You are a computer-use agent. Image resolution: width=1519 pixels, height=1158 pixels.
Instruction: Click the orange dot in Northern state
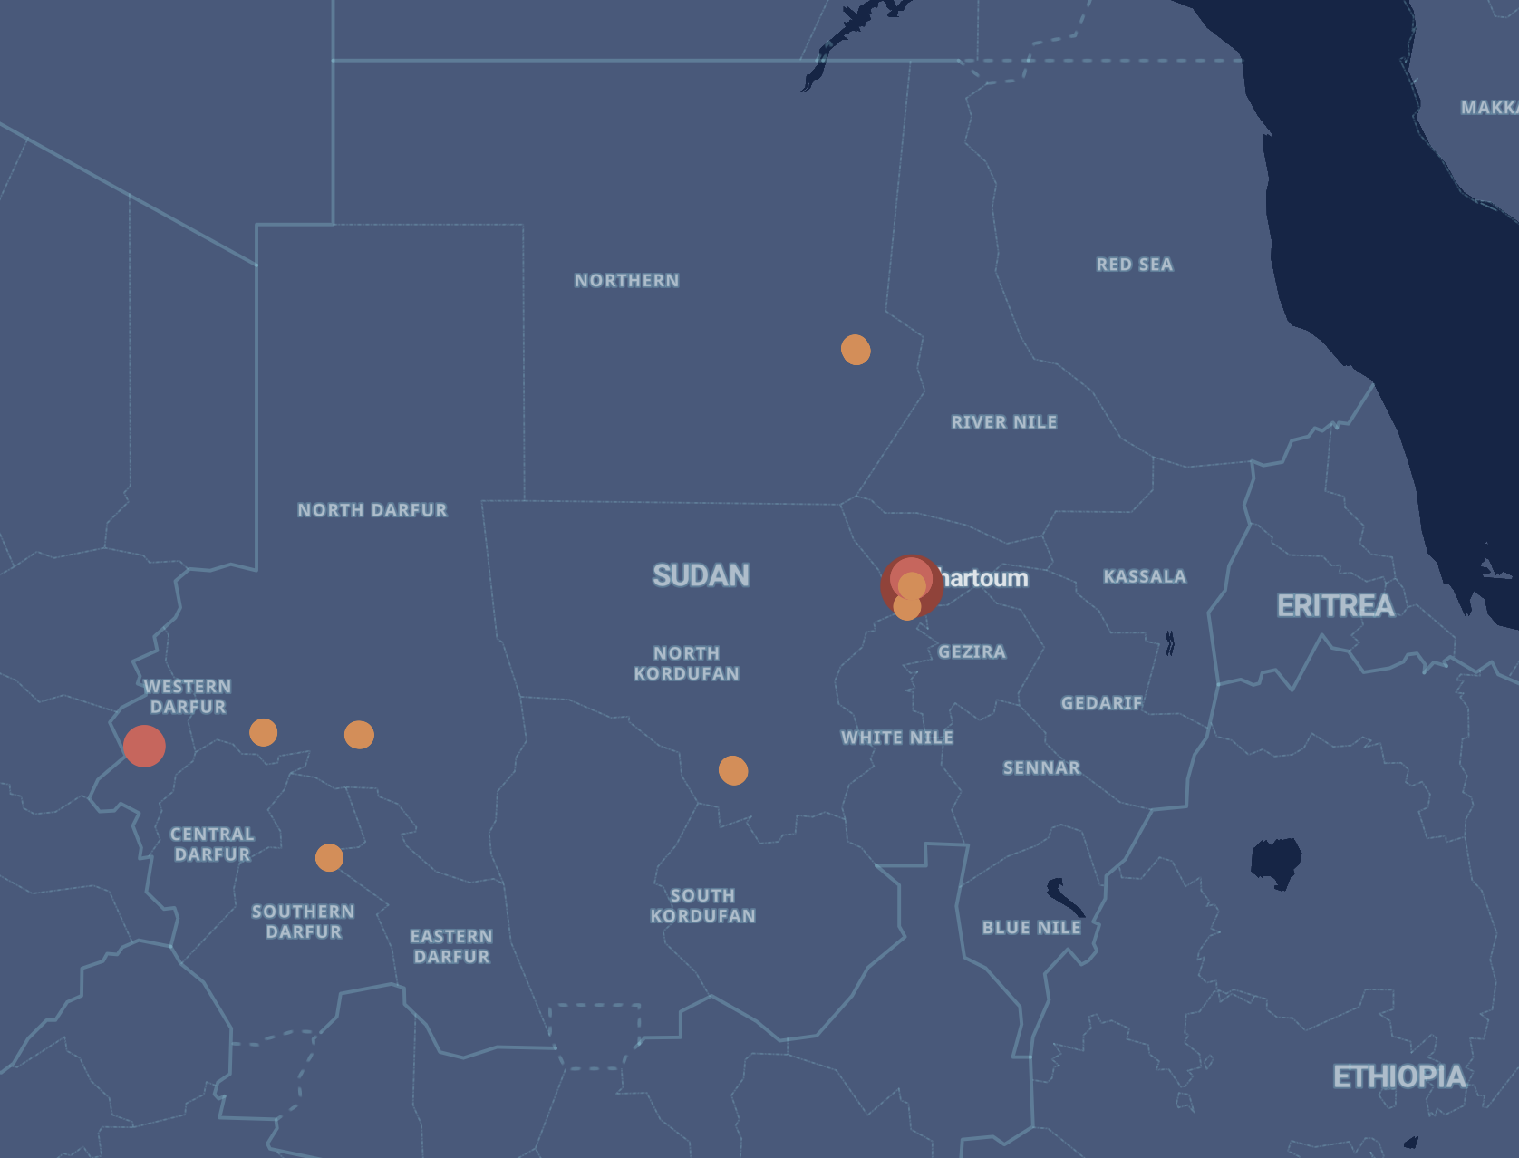pyautogui.click(x=856, y=349)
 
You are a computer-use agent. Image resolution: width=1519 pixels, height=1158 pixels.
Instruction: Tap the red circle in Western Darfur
pyautogui.click(x=144, y=746)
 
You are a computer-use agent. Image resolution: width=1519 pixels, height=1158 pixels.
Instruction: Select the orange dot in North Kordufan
pyautogui.click(x=733, y=770)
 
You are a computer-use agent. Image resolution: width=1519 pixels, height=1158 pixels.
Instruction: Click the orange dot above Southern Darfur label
pyautogui.click(x=329, y=857)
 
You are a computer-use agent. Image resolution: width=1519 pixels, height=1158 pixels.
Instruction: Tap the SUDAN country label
pyautogui.click(x=701, y=575)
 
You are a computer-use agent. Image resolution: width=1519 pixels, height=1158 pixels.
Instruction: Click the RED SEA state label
pyautogui.click(x=1134, y=265)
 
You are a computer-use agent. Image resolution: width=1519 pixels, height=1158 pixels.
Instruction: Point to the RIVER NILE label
pyautogui.click(x=1003, y=422)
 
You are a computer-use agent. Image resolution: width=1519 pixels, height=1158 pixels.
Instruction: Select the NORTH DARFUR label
pyautogui.click(x=372, y=510)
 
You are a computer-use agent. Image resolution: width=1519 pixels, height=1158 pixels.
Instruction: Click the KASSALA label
pyautogui.click(x=1144, y=576)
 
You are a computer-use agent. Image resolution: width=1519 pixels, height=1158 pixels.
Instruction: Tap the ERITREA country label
pyautogui.click(x=1335, y=605)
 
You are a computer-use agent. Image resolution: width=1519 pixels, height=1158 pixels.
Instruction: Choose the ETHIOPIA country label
pyautogui.click(x=1398, y=1076)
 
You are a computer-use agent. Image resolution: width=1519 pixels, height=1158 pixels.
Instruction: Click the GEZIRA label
pyautogui.click(x=972, y=651)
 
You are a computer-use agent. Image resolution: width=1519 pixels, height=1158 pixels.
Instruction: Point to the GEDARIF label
pyautogui.click(x=1101, y=703)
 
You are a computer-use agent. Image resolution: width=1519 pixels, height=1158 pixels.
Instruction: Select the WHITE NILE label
pyautogui.click(x=896, y=738)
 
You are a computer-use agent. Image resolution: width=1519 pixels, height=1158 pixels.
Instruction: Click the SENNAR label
pyautogui.click(x=1041, y=768)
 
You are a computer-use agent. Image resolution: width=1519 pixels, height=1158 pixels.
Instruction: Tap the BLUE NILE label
pyautogui.click(x=1031, y=928)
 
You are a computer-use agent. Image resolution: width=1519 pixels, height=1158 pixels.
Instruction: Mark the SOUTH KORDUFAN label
pyautogui.click(x=702, y=905)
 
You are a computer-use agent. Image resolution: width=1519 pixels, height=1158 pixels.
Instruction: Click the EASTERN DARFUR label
pyautogui.click(x=451, y=946)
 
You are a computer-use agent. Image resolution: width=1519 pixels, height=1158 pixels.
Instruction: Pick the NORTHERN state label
pyautogui.click(x=626, y=281)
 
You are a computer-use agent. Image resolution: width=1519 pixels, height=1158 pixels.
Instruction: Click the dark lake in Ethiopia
pyautogui.click(x=1275, y=862)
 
